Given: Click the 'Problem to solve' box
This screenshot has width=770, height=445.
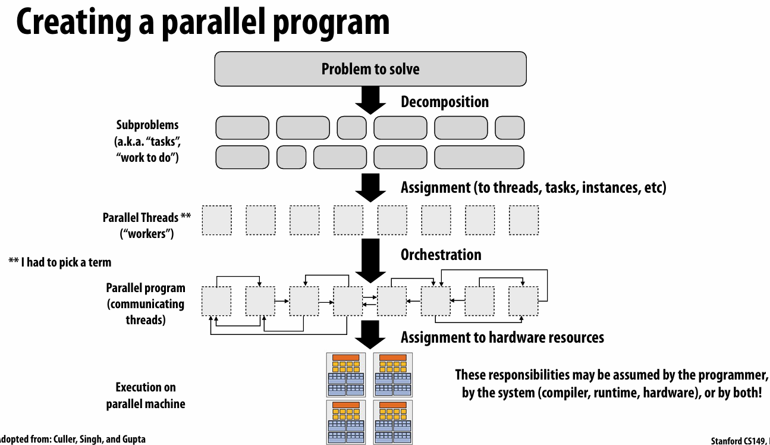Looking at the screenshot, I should point(370,69).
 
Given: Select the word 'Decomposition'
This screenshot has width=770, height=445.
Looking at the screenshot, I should point(445,102).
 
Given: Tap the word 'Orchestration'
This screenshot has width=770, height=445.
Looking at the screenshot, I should point(441,255).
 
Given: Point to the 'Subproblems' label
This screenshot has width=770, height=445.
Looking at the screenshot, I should point(148,126).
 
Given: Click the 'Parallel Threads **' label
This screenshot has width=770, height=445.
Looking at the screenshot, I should point(146,218).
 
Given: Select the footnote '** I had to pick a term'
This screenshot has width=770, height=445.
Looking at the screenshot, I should point(60,262).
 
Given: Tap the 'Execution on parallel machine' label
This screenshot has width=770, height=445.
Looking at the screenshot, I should point(146,396).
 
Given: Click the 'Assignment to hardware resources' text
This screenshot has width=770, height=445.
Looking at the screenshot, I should point(502,337).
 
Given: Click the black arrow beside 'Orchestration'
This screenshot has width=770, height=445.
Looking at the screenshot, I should point(370,261).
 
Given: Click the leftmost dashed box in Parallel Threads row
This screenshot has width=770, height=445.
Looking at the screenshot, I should point(217,220).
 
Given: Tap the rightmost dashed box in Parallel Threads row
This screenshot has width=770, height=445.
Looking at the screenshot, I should point(524,220).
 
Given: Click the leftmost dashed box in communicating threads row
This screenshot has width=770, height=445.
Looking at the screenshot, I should point(217,301).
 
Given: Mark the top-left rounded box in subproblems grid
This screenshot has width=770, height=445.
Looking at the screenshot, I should point(242,127).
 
